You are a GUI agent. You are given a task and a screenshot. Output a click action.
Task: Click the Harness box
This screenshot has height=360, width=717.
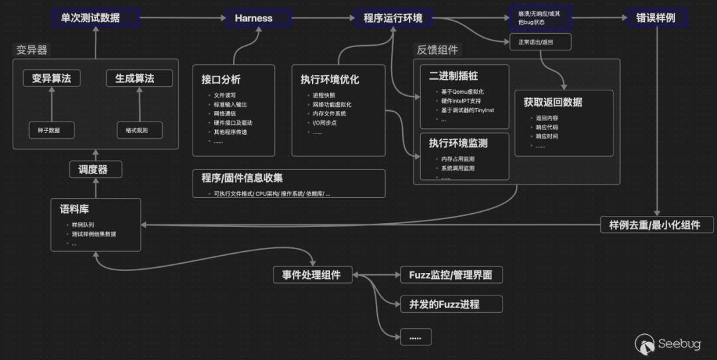pyautogui.click(x=254, y=18)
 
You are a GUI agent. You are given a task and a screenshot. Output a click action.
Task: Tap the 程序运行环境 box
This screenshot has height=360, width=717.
pyautogui.click(x=393, y=18)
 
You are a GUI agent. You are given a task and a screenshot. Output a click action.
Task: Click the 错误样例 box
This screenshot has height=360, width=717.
pyautogui.click(x=657, y=18)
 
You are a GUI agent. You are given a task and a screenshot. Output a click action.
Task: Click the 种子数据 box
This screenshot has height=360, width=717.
pyautogui.click(x=51, y=130)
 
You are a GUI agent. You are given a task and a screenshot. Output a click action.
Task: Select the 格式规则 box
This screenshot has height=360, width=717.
pyautogui.click(x=139, y=130)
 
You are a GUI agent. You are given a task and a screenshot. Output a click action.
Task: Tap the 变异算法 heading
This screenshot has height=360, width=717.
pyautogui.click(x=51, y=78)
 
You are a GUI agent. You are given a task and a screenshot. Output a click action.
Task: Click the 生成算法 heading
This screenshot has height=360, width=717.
pyautogui.click(x=139, y=78)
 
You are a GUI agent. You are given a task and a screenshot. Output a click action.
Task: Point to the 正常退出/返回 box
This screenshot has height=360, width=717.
pyautogui.click(x=540, y=42)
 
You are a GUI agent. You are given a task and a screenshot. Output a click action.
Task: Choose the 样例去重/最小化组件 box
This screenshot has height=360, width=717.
pyautogui.click(x=657, y=225)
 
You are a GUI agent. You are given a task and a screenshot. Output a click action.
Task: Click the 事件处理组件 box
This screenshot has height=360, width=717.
pyautogui.click(x=312, y=274)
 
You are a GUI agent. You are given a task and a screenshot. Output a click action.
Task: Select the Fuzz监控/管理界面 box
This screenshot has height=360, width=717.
pyautogui.click(x=451, y=274)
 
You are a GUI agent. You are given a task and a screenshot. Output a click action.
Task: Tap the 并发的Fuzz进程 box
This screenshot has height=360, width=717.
pyautogui.click(x=451, y=304)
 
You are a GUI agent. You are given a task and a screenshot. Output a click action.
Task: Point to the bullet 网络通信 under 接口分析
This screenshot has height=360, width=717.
pyautogui.click(x=223, y=114)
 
